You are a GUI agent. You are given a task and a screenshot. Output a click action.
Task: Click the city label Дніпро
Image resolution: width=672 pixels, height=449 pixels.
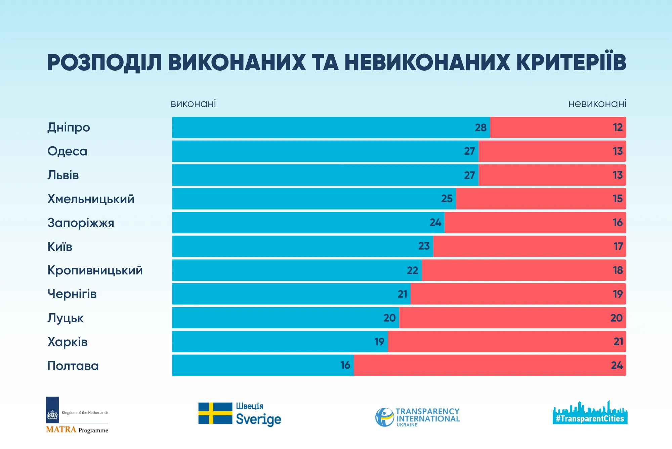click(x=69, y=127)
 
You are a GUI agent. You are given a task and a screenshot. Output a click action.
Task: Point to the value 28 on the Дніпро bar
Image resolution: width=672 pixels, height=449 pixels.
click(x=480, y=127)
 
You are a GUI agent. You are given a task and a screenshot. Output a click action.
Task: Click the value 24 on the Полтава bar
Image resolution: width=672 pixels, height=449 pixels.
click(x=617, y=365)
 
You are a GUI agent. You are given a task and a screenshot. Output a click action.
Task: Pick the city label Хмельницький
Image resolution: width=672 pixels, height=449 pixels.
click(x=91, y=199)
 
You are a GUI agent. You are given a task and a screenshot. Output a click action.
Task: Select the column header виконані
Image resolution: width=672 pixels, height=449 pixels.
click(x=193, y=104)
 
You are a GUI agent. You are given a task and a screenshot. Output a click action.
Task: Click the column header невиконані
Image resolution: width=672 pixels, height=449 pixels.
click(x=597, y=104)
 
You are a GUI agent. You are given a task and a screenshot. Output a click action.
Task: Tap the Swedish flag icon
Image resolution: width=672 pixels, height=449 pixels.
click(x=215, y=413)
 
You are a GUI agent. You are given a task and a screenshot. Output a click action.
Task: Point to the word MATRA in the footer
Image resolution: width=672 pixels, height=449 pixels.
click(x=61, y=429)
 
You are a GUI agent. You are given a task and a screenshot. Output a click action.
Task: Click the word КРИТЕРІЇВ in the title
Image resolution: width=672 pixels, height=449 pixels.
click(x=571, y=63)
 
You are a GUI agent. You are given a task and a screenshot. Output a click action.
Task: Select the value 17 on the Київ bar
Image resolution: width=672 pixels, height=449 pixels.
click(x=618, y=246)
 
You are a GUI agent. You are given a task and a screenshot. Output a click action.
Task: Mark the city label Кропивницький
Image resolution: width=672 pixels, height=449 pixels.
click(x=95, y=270)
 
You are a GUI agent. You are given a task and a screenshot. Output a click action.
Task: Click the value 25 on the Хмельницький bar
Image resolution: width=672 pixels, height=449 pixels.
click(x=447, y=198)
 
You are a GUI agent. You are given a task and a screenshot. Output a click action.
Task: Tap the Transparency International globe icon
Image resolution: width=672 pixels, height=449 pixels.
click(x=384, y=417)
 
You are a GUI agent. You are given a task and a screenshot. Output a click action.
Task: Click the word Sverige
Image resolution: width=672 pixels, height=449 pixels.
click(x=258, y=419)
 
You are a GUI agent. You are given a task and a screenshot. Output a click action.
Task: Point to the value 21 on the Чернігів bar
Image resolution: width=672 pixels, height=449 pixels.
click(x=402, y=294)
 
